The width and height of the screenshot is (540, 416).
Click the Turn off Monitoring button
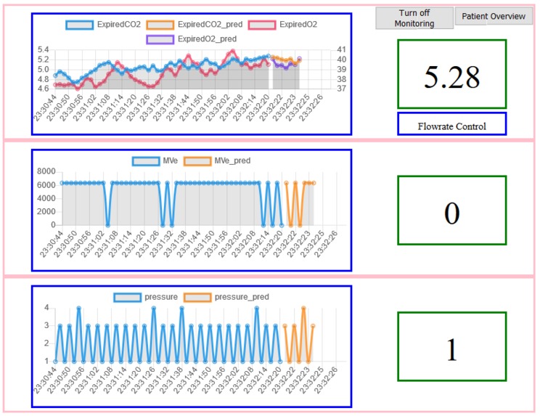(x=414, y=18)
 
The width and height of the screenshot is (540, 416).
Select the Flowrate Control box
(x=451, y=125)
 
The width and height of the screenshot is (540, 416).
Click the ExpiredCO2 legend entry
(x=105, y=25)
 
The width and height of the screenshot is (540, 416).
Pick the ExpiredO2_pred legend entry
(x=192, y=38)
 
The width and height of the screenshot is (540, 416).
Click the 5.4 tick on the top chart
(x=44, y=49)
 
